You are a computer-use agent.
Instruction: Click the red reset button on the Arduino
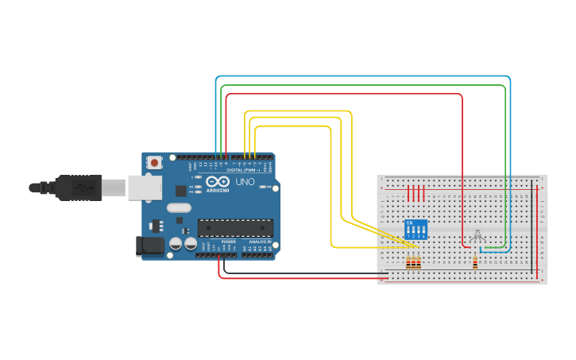tap(154, 163)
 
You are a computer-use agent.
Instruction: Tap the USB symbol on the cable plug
tap(81, 188)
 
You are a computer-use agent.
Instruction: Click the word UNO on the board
tap(245, 182)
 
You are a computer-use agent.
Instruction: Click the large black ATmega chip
tap(235, 228)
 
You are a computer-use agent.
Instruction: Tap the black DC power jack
tap(151, 246)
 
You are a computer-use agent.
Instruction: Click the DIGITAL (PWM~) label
tap(241, 170)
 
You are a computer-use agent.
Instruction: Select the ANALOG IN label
tap(259, 241)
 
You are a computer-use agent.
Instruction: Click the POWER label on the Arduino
tap(228, 241)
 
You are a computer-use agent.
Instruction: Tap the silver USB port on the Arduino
tap(146, 188)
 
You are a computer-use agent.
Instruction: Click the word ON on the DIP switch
tap(409, 223)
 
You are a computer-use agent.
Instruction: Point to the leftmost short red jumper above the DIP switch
tap(409, 193)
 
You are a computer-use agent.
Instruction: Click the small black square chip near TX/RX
tap(181, 191)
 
